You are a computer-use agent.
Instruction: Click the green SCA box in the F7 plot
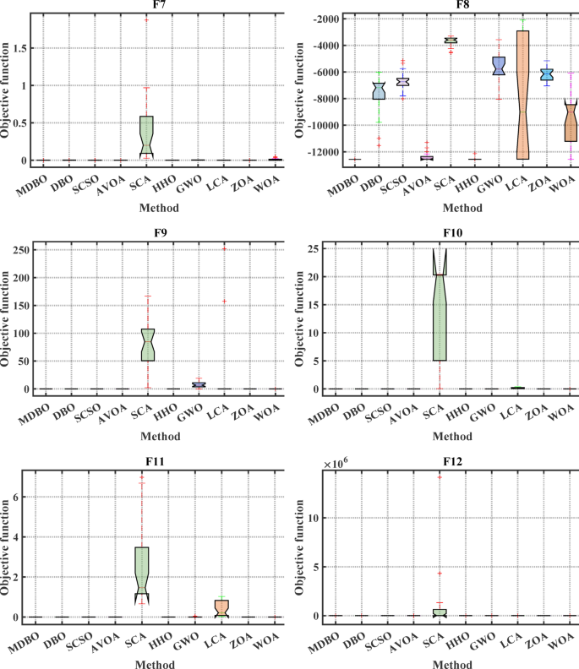(x=146, y=135)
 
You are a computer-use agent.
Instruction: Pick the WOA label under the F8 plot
(x=560, y=178)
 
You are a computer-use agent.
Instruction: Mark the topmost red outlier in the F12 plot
(x=440, y=477)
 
